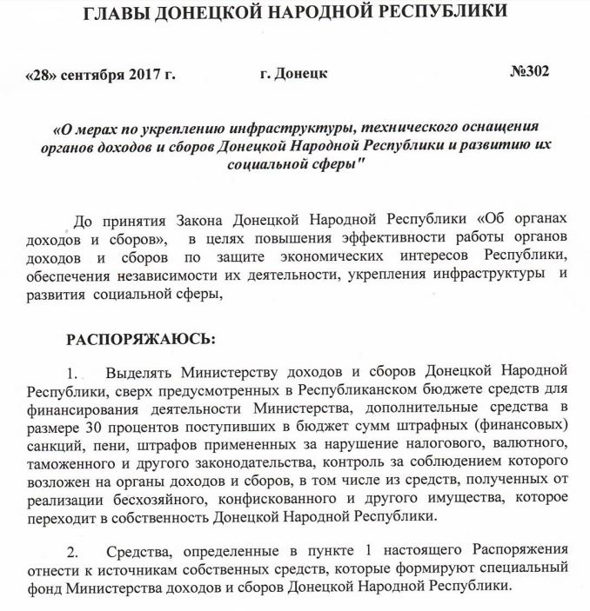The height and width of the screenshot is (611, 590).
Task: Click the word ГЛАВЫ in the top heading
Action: pos(130,14)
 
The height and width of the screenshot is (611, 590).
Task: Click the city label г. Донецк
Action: pos(294,74)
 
